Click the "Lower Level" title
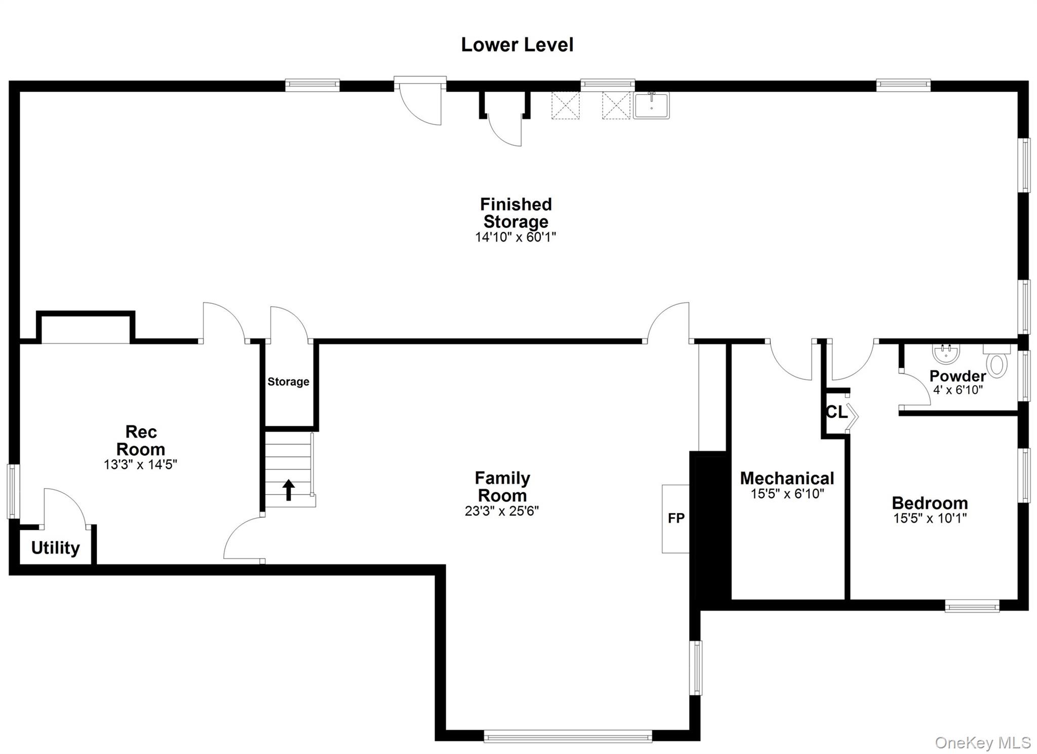coord(517,45)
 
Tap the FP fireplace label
coord(676,518)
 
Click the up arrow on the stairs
coord(289,490)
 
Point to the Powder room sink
coord(946,353)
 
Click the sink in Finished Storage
coord(651,105)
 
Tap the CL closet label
coord(836,412)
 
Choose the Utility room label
coord(55,547)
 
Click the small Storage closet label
coord(288,382)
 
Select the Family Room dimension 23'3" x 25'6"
coord(502,511)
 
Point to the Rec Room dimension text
coord(140,464)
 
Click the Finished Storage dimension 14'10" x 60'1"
coord(515,237)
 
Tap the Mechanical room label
coord(787,478)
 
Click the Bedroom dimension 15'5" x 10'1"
coord(930,518)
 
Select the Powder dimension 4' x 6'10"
coord(958,390)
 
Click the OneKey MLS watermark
coord(983,742)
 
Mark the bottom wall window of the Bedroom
coord(972,606)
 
